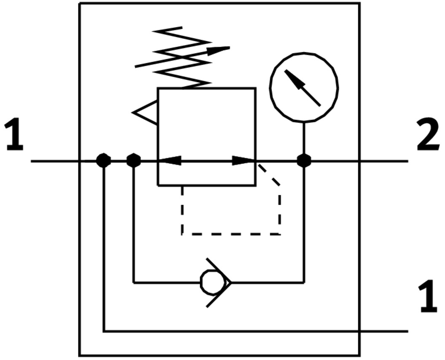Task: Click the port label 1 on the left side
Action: (x=14, y=135)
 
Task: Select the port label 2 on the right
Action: (x=428, y=135)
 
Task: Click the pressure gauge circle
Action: (x=304, y=88)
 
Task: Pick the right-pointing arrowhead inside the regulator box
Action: (x=244, y=161)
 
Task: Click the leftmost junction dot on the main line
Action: (x=104, y=161)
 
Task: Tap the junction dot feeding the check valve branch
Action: (x=134, y=161)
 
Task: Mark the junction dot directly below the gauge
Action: (x=304, y=161)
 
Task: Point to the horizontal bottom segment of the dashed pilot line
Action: (x=231, y=234)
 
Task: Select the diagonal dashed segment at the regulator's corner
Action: (x=269, y=174)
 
